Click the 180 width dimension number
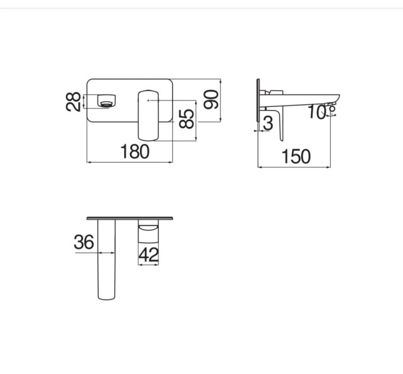pyautogui.click(x=135, y=151)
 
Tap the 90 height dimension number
pyautogui.click(x=211, y=99)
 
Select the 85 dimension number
pyautogui.click(x=186, y=119)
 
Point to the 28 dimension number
pyautogui.click(x=73, y=102)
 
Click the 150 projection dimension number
pyautogui.click(x=296, y=157)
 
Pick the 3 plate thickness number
pyautogui.click(x=268, y=123)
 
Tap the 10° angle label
pyautogui.click(x=321, y=112)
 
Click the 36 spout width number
pyautogui.click(x=84, y=242)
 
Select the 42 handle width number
pyautogui.click(x=149, y=255)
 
